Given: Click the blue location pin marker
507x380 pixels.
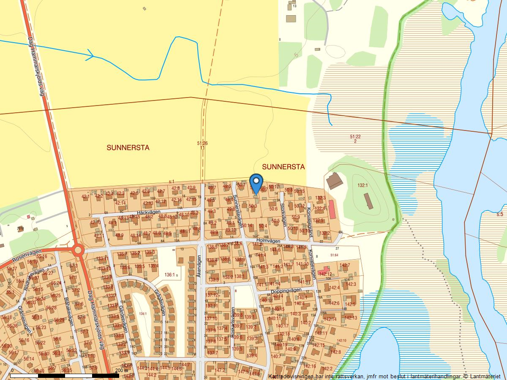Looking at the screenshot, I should (256, 183).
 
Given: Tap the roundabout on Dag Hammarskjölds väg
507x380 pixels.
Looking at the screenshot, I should (78, 250).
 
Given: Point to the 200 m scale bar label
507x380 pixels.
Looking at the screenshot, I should (122, 370).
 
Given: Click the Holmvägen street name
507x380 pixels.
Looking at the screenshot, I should (268, 241).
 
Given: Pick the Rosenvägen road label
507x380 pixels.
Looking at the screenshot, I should (16, 257).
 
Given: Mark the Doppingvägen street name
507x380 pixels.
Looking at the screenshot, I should (286, 290).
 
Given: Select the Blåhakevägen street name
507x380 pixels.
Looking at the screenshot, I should (70, 312).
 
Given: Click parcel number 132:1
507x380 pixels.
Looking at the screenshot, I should (363, 185).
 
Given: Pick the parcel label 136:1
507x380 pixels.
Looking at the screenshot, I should (170, 275).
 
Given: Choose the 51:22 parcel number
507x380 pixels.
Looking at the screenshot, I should (355, 136).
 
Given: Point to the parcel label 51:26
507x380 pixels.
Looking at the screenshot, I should (202, 144).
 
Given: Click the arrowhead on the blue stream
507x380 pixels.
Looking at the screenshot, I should (90, 55).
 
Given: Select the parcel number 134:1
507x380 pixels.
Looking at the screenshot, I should (142, 313).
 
